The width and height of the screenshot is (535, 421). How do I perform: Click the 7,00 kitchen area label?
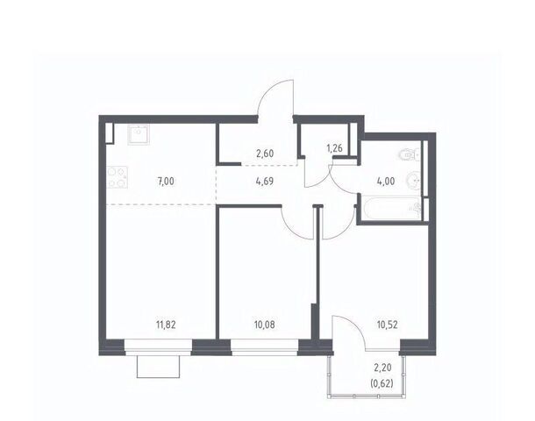coord(166,182)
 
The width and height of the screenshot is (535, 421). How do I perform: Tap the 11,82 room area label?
coord(166,325)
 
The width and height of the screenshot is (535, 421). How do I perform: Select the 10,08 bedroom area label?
coord(264,325)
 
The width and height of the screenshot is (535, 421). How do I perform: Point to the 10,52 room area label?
coord(388,325)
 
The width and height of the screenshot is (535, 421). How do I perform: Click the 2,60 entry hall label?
coord(265,153)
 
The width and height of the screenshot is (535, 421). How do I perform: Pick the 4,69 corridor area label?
coord(264,182)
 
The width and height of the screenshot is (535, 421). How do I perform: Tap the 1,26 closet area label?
coord(334,148)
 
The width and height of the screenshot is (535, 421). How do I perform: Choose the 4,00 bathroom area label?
coord(386,182)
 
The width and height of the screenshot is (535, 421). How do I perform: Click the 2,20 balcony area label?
coord(382,367)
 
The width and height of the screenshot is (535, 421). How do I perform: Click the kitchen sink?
coord(139,135)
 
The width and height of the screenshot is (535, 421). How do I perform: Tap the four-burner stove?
coord(117,177)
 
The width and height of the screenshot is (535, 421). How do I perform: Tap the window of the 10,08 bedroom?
coord(264,347)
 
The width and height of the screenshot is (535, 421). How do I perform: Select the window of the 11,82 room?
coord(159,347)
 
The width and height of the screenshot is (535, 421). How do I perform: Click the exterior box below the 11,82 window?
coord(159,367)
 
